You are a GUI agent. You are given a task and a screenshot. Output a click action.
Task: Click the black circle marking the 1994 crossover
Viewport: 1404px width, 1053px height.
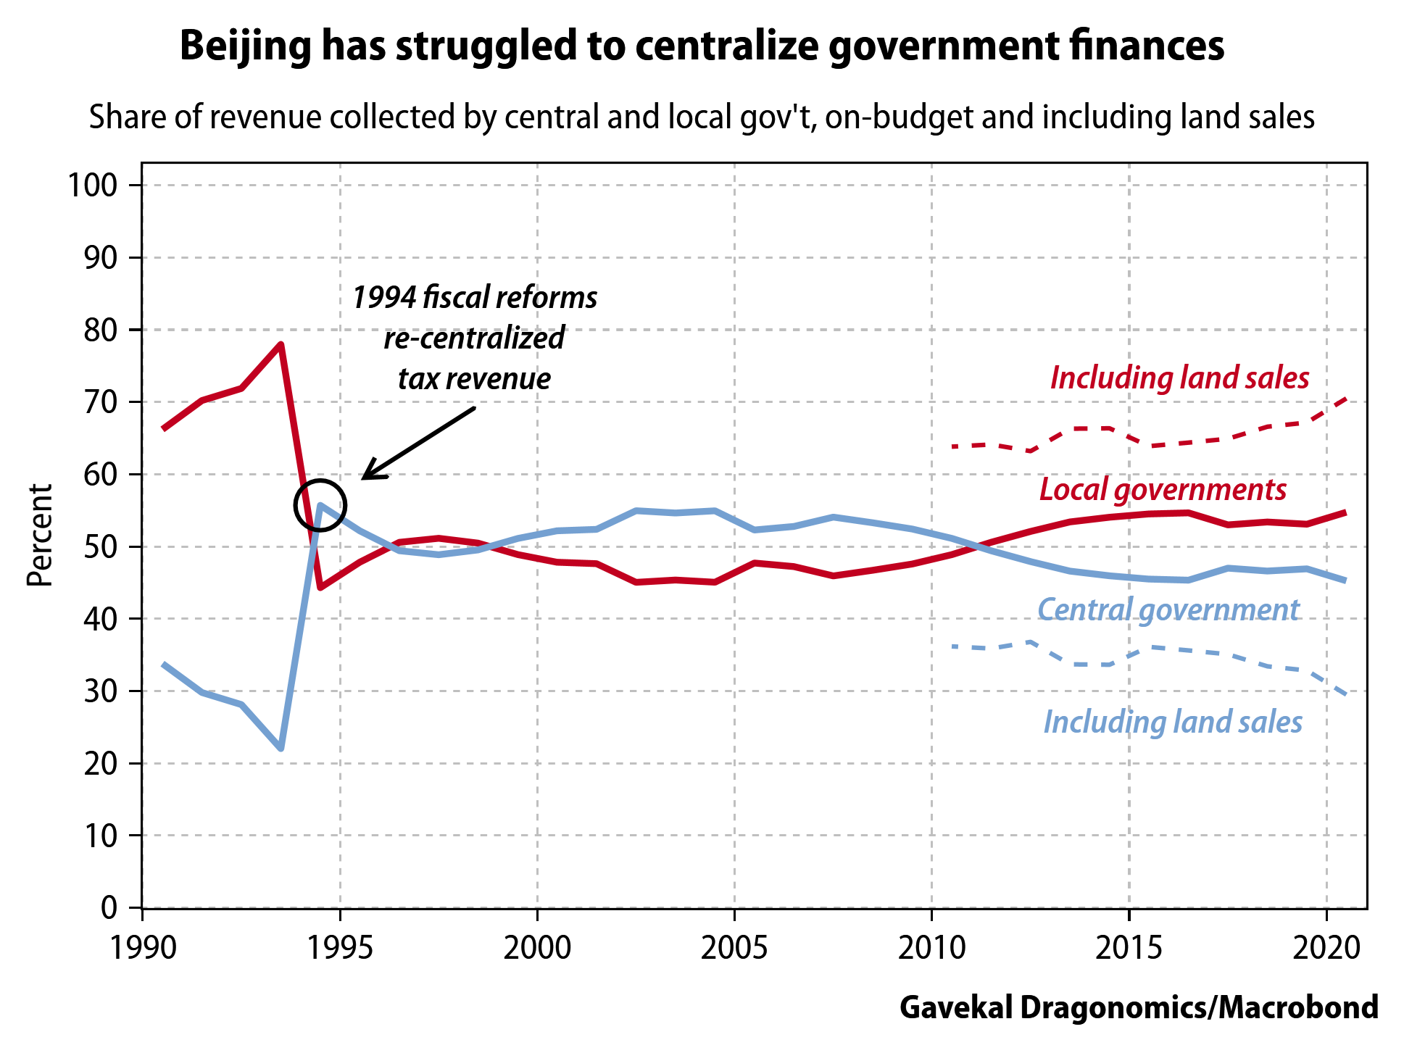coord(320,505)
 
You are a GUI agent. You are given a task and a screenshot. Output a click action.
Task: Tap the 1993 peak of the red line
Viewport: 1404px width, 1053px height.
coord(281,345)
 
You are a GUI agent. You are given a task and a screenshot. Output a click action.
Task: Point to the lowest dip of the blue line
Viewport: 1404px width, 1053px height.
coord(281,748)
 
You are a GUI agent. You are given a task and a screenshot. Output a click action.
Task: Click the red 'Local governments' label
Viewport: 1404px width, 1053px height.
coord(1163,490)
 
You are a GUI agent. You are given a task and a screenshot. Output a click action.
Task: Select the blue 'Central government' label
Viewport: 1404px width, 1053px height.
coord(1168,609)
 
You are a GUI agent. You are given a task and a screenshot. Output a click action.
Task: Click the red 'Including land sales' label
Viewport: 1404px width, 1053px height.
coord(1179,378)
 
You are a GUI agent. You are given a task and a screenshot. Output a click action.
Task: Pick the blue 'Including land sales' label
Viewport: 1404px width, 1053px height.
coord(1173,722)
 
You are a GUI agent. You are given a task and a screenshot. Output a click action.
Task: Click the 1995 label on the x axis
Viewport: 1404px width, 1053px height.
coord(340,947)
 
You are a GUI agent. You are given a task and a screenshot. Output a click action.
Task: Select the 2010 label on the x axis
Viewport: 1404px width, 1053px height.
coord(931,947)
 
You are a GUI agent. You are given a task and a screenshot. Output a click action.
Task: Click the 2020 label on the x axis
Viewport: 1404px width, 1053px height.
coord(1326,947)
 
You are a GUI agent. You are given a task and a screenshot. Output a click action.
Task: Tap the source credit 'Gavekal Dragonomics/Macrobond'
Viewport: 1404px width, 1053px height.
coord(1139,1007)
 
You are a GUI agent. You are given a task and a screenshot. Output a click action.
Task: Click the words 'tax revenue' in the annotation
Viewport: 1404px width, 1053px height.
coord(474,378)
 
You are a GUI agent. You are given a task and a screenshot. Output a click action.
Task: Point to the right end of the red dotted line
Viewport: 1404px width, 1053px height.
coord(1345,399)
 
